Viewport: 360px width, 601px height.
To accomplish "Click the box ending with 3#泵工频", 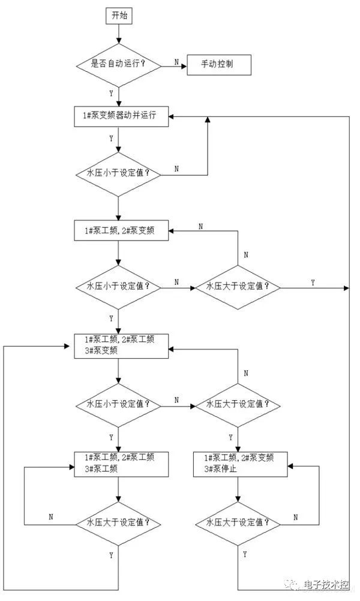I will (121, 464).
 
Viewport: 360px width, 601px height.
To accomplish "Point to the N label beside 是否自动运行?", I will (176, 62).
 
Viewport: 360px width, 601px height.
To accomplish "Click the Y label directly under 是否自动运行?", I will (111, 94).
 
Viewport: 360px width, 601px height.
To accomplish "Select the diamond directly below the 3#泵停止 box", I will (239, 522).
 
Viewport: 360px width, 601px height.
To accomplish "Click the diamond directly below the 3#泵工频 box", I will (118, 522).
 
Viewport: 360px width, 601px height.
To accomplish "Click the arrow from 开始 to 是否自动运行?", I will (118, 35).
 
